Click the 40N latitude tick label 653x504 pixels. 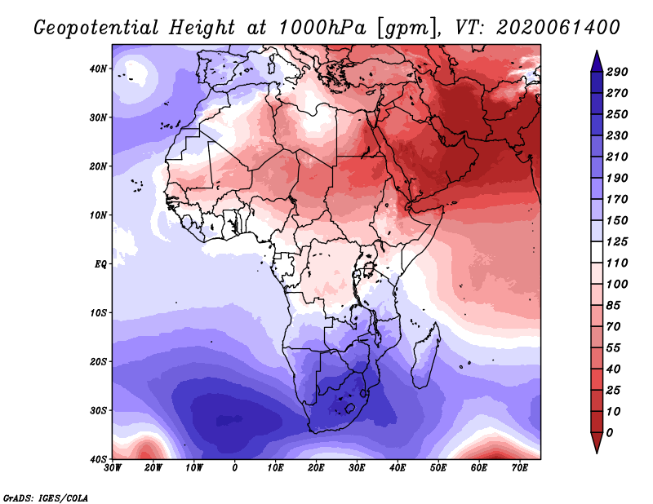pyautogui.click(x=98, y=69)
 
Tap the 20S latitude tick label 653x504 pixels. pyautogui.click(x=98, y=361)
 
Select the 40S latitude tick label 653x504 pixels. pyautogui.click(x=98, y=459)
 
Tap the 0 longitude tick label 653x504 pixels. pyautogui.click(x=235, y=468)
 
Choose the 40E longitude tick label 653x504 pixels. pyautogui.click(x=398, y=468)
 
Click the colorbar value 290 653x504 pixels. pyautogui.click(x=616, y=72)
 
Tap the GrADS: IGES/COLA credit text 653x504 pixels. pyautogui.click(x=46, y=497)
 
